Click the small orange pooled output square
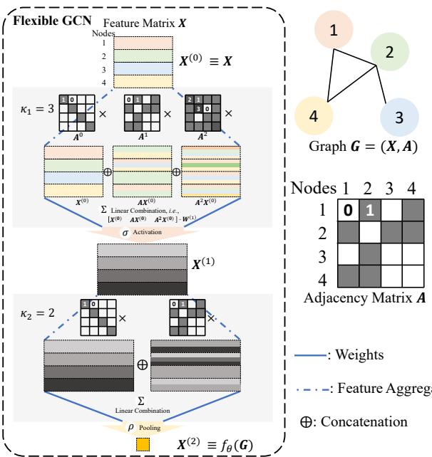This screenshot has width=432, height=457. [141, 446]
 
